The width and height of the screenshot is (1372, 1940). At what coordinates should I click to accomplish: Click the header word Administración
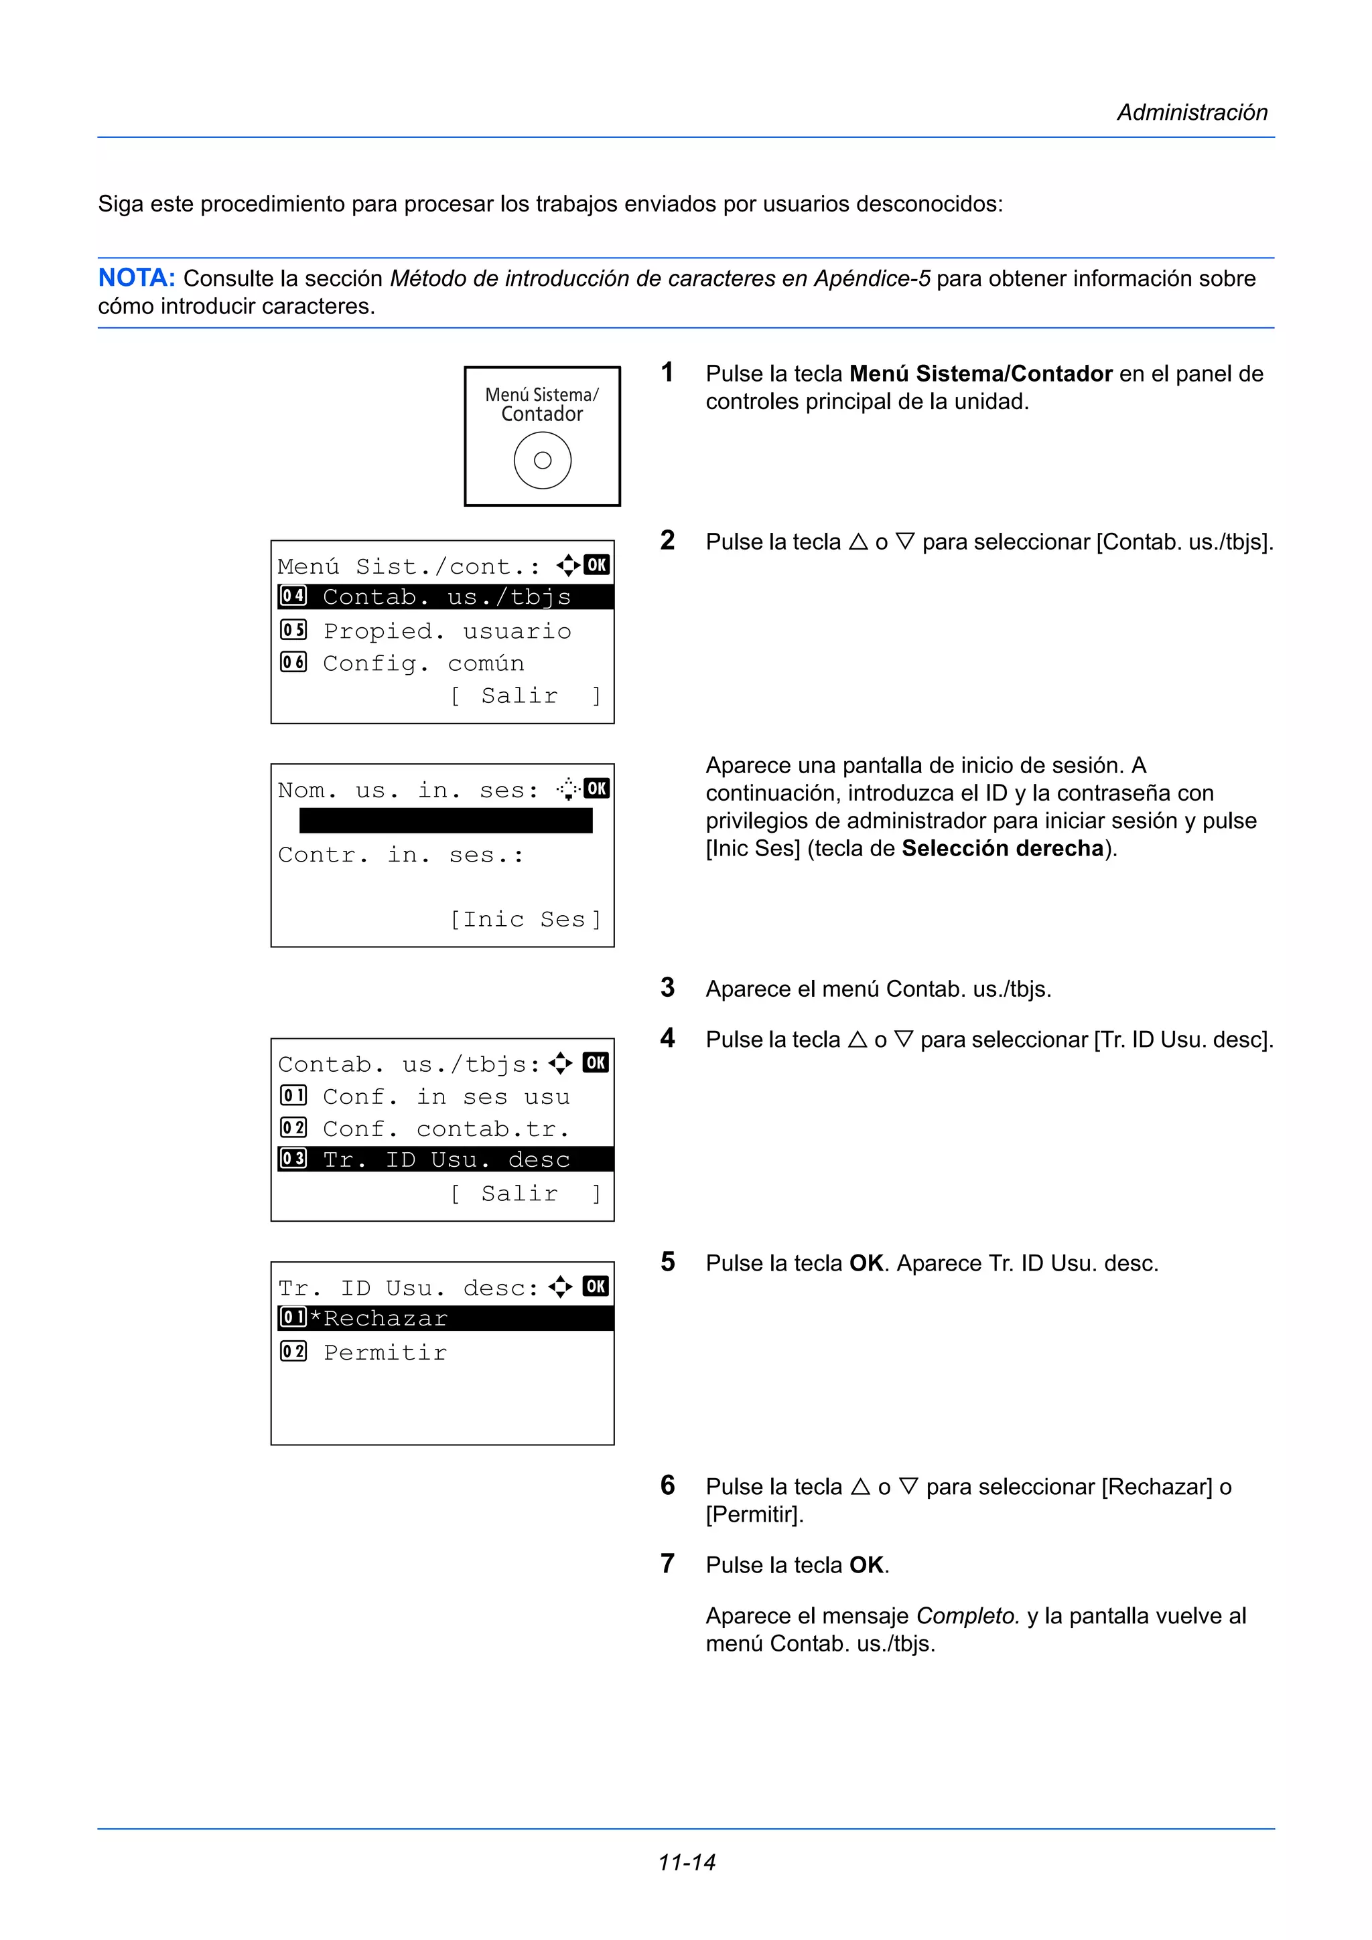point(1191,112)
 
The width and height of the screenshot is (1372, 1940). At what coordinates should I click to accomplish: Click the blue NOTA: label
point(136,278)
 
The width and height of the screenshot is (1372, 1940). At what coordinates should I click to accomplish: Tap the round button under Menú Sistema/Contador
point(542,461)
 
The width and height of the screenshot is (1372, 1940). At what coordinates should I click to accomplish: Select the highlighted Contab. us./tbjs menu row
point(445,597)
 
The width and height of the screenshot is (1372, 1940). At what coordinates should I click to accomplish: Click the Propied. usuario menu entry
point(446,631)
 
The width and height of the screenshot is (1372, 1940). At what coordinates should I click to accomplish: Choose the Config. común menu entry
point(423,663)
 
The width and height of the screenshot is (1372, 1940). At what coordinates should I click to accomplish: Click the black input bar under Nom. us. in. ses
point(445,821)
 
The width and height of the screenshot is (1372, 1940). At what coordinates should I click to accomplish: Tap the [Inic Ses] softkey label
point(525,919)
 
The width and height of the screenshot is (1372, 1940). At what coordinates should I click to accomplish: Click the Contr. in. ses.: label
point(401,855)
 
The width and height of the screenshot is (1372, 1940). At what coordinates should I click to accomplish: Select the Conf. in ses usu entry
point(445,1097)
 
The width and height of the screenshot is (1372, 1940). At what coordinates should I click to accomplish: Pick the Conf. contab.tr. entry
point(445,1129)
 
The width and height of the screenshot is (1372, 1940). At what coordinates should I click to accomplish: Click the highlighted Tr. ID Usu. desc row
point(445,1159)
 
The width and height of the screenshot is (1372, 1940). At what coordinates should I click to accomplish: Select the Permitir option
point(385,1353)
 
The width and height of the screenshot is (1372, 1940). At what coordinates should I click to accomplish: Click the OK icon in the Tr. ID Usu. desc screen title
point(595,1286)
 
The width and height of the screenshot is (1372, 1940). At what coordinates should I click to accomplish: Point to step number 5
point(668,1263)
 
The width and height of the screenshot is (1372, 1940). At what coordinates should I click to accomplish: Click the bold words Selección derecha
point(1003,848)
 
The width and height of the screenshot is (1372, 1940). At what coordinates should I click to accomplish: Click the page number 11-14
point(687,1862)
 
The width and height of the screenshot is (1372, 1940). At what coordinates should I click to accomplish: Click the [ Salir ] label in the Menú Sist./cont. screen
point(525,696)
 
